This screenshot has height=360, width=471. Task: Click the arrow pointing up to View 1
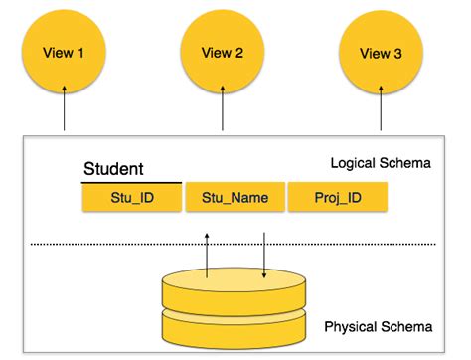(65, 109)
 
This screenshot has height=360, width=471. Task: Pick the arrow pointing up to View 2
(224, 109)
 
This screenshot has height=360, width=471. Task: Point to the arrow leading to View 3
(382, 109)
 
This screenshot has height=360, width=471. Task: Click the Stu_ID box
(132, 198)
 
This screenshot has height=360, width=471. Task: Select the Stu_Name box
(235, 198)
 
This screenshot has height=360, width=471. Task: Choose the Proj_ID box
(338, 198)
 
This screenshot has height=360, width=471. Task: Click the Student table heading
(114, 169)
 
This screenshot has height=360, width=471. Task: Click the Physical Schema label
(379, 327)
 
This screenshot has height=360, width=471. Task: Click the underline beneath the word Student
(132, 182)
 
